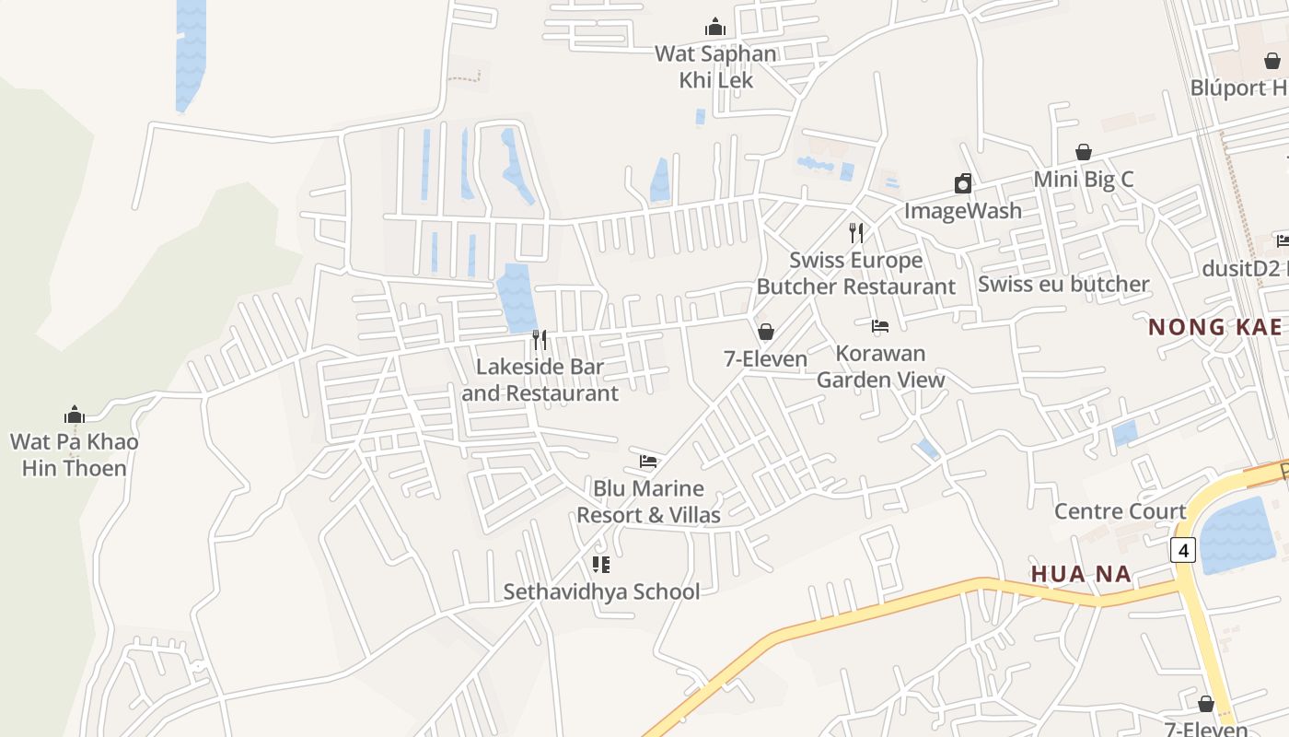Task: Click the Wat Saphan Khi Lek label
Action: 715,66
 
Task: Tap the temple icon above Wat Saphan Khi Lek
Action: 715,28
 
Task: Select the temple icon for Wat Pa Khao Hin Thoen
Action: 75,415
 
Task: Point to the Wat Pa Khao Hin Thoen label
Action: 74,454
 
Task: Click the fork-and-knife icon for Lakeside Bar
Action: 540,340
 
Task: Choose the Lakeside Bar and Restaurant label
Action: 540,380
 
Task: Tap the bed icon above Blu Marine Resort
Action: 648,461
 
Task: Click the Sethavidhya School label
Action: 601,591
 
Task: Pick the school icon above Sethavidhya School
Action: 601,564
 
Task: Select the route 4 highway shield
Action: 1183,550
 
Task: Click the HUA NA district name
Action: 1081,574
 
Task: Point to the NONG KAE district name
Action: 1214,327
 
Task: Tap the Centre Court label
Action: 1120,511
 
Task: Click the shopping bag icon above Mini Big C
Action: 1084,152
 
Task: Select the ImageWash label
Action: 962,211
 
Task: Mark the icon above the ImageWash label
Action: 962,183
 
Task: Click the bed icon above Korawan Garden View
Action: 880,325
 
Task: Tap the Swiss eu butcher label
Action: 1063,284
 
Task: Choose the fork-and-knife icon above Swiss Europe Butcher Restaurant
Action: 856,232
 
